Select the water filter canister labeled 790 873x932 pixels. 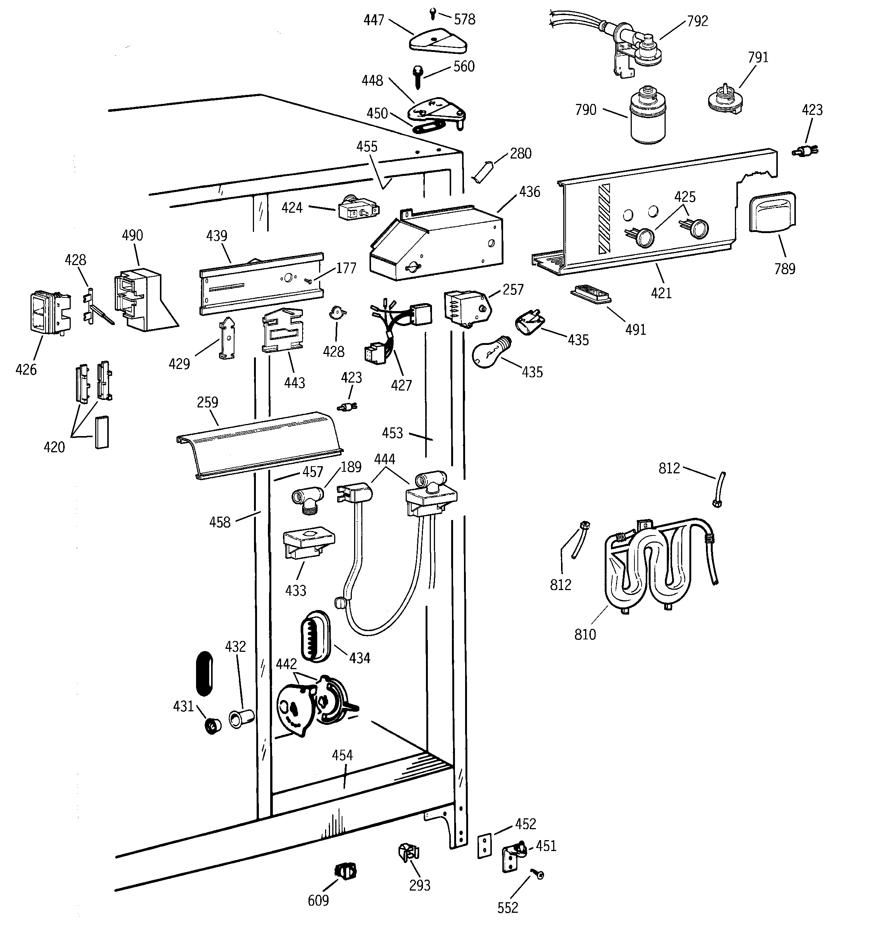point(648,115)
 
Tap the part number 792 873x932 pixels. point(697,21)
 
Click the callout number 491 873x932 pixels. point(636,329)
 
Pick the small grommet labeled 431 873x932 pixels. point(213,726)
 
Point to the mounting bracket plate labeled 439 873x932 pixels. point(261,284)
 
